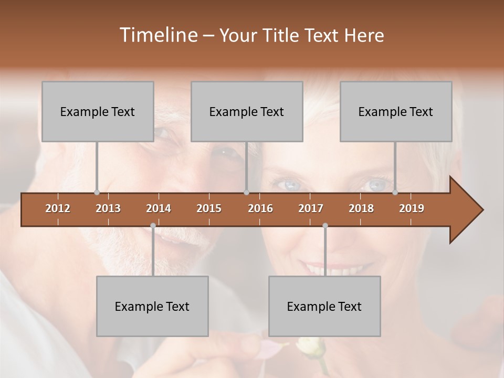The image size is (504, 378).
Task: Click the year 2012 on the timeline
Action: pyautogui.click(x=58, y=209)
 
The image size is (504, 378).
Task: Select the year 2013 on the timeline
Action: pyautogui.click(x=108, y=209)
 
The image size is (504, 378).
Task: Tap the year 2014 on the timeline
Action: pyautogui.click(x=159, y=209)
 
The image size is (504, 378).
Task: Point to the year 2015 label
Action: pyautogui.click(x=209, y=209)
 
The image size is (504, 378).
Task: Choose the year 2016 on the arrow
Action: pyautogui.click(x=260, y=209)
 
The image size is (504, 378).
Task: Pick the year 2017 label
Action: pyautogui.click(x=311, y=209)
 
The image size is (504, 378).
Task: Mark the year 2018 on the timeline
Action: pyautogui.click(x=361, y=209)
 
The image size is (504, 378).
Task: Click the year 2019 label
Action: pyautogui.click(x=412, y=209)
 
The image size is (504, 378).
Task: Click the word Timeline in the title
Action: pyautogui.click(x=157, y=35)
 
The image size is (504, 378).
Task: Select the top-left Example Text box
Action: pyautogui.click(x=98, y=111)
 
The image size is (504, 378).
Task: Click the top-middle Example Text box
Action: pyautogui.click(x=247, y=111)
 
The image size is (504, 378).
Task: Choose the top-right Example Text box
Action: pyautogui.click(x=396, y=111)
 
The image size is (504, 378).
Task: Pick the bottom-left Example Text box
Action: pyautogui.click(x=152, y=306)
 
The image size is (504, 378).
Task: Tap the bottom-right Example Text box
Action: pyautogui.click(x=324, y=306)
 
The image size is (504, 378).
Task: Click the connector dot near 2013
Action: pyautogui.click(x=97, y=192)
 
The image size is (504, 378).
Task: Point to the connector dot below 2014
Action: pyautogui.click(x=153, y=225)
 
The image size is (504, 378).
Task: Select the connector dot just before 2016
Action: pyautogui.click(x=246, y=192)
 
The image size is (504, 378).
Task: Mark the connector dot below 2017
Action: pyautogui.click(x=325, y=225)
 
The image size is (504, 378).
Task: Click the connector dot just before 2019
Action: pyautogui.click(x=395, y=192)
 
